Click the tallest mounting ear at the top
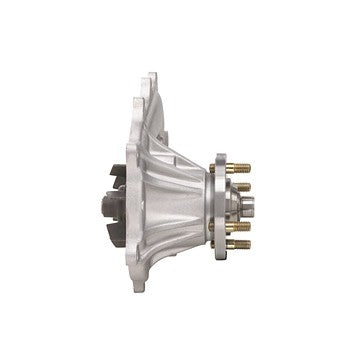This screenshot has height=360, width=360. click(x=153, y=83)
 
